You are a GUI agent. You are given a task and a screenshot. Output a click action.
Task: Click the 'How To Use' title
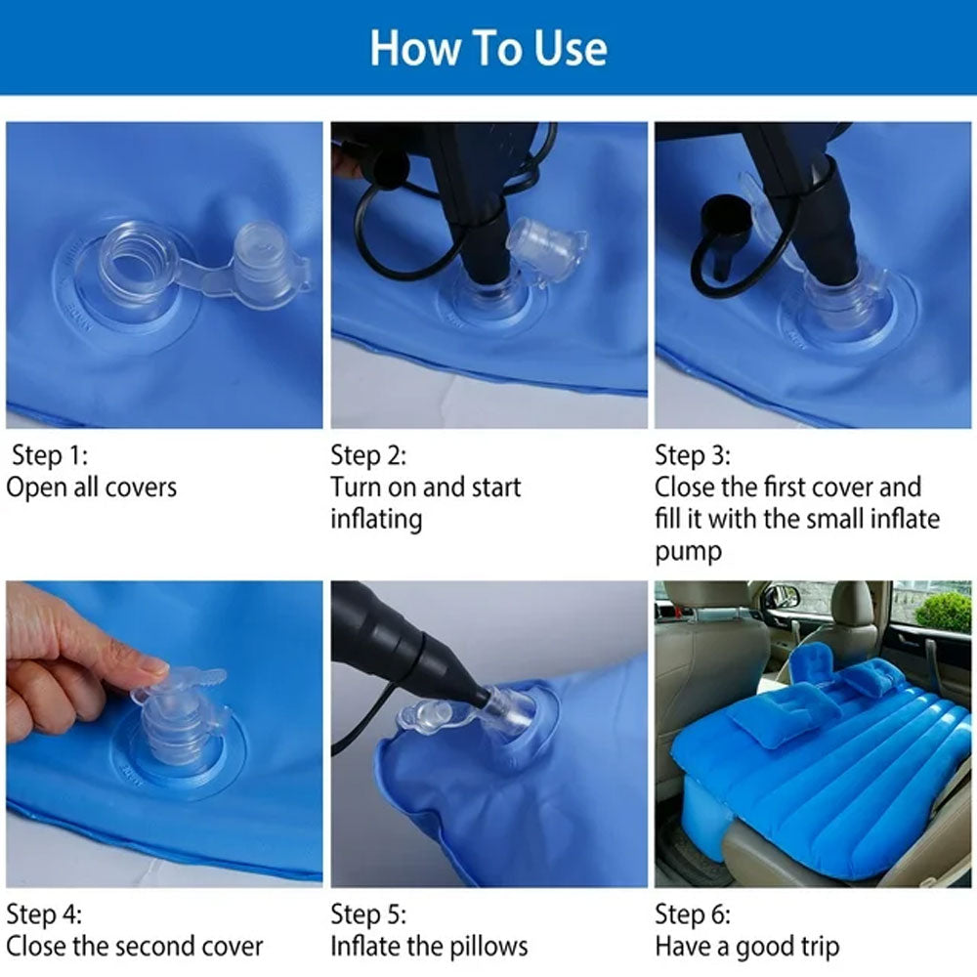click(488, 48)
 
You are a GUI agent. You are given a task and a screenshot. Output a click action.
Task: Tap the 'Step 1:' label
click(50, 455)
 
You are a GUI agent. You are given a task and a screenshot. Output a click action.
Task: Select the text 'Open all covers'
click(91, 488)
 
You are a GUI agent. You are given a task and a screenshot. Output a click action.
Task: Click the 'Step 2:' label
click(368, 455)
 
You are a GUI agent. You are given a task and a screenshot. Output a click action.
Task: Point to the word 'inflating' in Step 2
click(376, 520)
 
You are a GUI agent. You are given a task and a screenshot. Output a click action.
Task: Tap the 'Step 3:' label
click(693, 455)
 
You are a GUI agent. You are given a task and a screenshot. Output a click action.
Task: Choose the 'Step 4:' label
click(44, 914)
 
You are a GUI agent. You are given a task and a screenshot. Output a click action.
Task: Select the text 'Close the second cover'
click(135, 947)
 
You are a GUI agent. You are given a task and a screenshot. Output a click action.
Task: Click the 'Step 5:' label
click(368, 914)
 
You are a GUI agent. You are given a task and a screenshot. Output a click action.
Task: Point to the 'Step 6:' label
click(693, 914)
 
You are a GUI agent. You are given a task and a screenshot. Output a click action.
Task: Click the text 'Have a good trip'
click(747, 947)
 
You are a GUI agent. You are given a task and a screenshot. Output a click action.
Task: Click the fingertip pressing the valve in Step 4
click(151, 669)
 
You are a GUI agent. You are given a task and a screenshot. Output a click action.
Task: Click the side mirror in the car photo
click(782, 596)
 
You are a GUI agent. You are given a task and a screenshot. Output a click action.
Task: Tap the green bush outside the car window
click(944, 612)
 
